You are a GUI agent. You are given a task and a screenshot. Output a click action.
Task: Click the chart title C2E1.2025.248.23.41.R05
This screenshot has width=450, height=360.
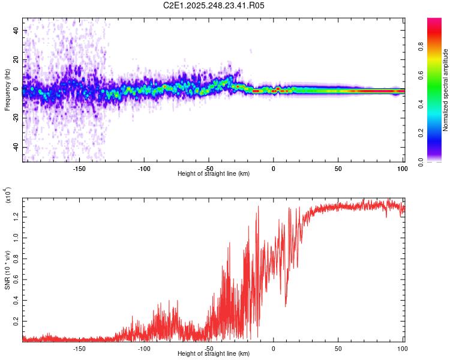214,5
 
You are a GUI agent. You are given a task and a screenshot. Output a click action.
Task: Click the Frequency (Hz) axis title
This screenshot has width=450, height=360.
7,89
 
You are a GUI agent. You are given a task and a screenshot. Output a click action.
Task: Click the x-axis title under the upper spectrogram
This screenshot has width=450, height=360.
214,173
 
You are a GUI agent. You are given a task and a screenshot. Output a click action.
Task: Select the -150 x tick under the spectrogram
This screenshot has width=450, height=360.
79,168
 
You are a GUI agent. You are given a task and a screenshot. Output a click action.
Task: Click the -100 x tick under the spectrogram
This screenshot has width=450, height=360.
144,168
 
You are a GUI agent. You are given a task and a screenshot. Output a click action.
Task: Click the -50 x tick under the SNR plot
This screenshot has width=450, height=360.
209,348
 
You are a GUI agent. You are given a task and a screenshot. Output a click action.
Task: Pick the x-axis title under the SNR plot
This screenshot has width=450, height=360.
214,353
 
